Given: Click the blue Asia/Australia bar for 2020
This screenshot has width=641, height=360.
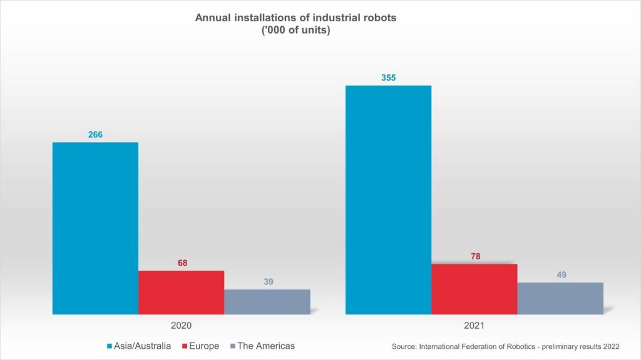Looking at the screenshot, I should (95, 228).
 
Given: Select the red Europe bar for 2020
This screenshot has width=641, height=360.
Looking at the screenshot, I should (181, 292).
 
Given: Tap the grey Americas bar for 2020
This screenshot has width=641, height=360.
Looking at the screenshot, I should (267, 301).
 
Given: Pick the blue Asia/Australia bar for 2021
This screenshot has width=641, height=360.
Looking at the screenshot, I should (388, 199).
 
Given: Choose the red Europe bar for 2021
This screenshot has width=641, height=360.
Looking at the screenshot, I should (474, 289).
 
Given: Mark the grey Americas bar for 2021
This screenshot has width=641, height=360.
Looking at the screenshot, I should (560, 298).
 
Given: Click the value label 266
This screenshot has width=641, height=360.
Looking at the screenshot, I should (95, 134).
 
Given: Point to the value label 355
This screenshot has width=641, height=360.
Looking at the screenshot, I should (388, 78).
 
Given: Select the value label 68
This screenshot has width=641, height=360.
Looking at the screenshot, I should (182, 262).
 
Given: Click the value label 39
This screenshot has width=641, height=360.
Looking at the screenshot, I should (268, 282).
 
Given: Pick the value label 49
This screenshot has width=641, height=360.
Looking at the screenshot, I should (562, 274).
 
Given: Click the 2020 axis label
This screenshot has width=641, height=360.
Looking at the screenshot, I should (181, 326).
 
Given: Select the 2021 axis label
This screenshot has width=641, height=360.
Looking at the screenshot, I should (474, 326).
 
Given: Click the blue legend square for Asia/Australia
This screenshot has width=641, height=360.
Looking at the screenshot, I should (110, 346).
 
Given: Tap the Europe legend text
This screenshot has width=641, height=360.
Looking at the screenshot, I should (204, 346).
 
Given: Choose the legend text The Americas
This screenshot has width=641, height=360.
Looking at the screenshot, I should (266, 346).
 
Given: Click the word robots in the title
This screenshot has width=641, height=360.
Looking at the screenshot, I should (379, 17).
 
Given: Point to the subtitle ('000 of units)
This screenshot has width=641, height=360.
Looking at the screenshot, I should (295, 31).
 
